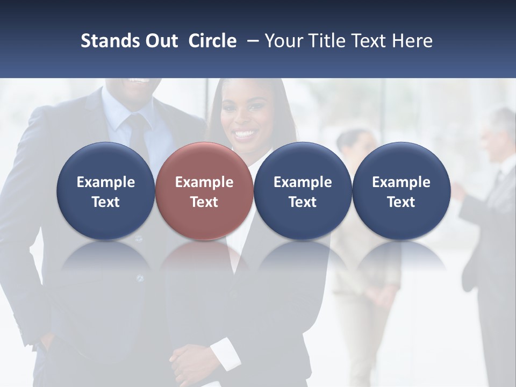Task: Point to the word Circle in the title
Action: (x=212, y=41)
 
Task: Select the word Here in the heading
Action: (x=412, y=41)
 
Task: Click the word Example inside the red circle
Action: (x=204, y=182)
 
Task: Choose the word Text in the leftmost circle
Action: (x=105, y=202)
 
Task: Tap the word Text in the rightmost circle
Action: (x=401, y=202)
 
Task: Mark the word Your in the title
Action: (x=284, y=41)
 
